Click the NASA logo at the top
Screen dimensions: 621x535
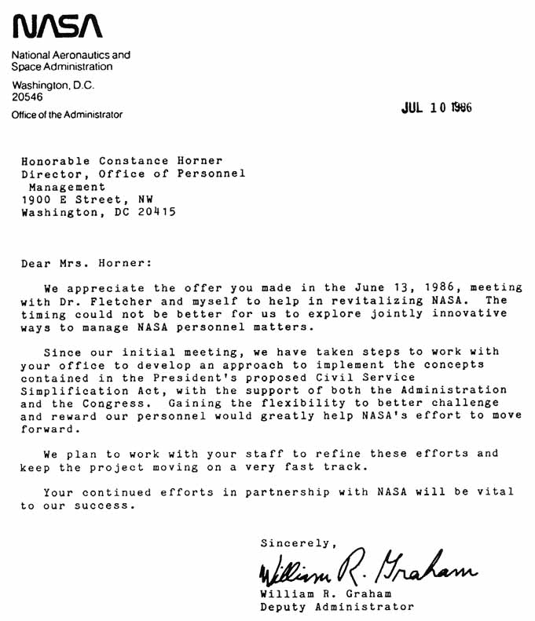[57, 28]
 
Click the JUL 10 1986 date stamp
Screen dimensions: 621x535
[436, 108]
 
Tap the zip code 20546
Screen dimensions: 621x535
[27, 97]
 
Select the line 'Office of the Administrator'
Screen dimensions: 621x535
[67, 115]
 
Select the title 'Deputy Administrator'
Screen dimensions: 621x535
[336, 607]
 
